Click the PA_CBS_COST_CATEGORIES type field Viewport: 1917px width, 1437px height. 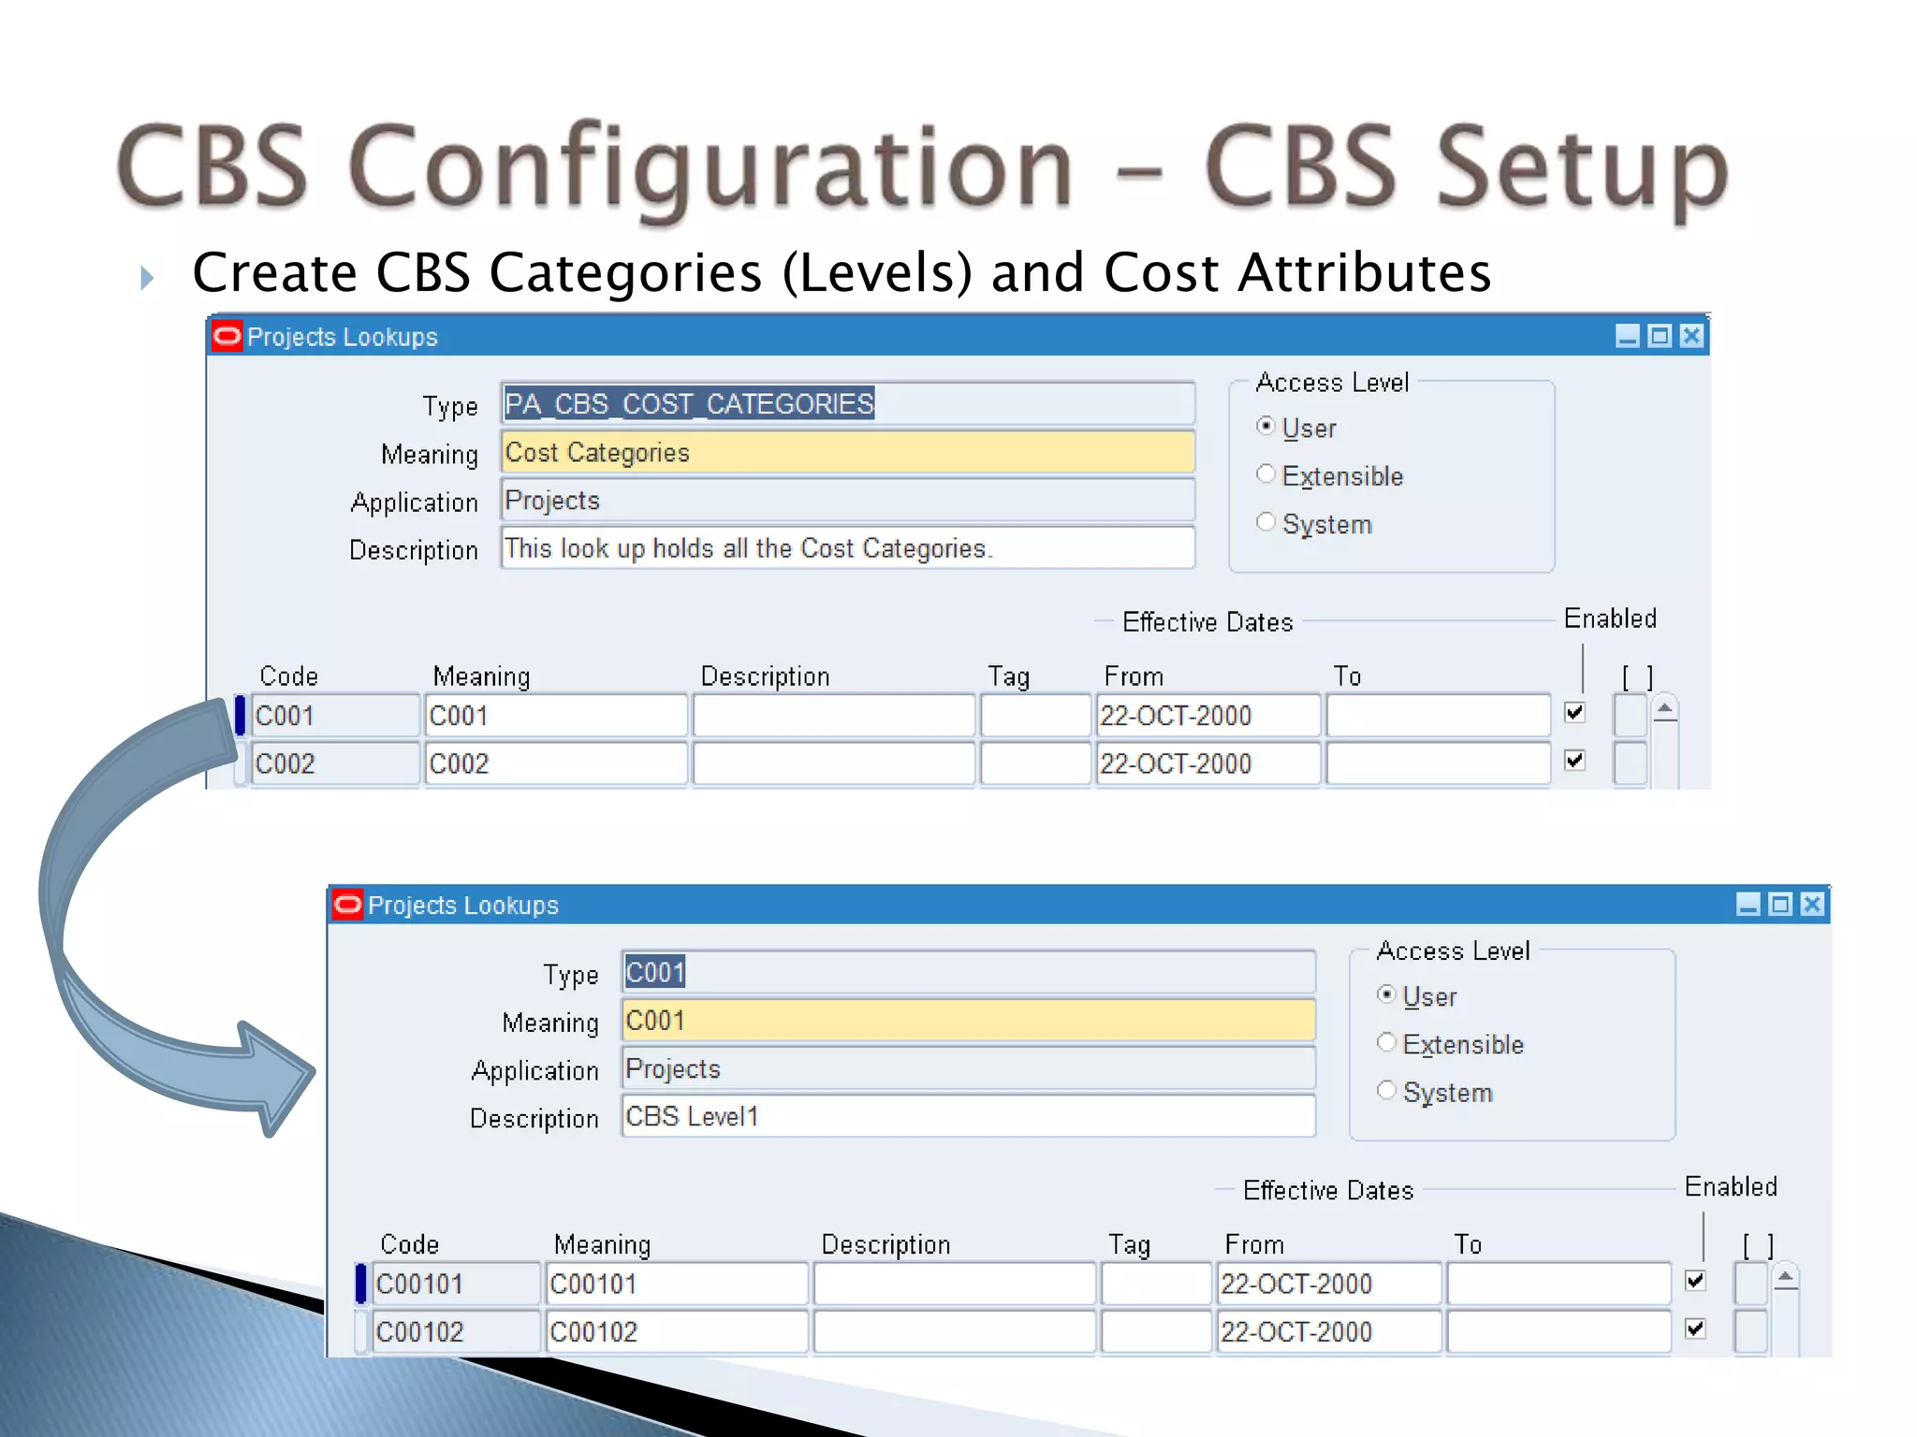coord(847,404)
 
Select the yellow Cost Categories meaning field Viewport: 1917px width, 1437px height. coord(847,453)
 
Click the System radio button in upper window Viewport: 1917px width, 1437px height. coord(1266,522)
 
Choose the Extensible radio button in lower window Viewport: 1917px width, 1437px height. coord(1386,1042)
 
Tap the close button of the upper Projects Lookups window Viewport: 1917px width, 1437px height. coord(1691,336)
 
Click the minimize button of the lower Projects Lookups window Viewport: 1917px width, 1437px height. coord(1748,904)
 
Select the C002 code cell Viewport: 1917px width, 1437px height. coord(334,764)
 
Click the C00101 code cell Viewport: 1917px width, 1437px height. coord(455,1284)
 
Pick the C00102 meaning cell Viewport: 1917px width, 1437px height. coord(675,1332)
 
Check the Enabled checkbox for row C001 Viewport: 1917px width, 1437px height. coord(1574,713)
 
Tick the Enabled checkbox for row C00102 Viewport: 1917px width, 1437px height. coord(1695,1328)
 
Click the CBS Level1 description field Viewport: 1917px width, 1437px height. coord(968,1117)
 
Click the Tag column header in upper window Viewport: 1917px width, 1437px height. coord(1008,676)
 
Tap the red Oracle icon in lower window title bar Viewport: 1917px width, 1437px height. coord(347,905)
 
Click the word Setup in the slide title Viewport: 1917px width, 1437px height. coord(1582,168)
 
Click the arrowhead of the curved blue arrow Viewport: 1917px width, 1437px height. coord(276,1076)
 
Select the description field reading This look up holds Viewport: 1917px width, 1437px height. coord(847,548)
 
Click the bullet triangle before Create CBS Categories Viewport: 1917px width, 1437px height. coord(146,278)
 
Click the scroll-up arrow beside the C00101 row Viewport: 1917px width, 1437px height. coord(1785,1277)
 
